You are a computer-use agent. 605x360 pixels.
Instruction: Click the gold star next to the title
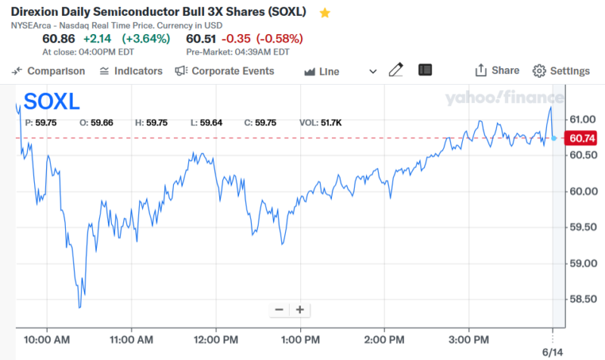[324, 13]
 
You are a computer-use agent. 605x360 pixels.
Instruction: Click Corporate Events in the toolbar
[225, 71]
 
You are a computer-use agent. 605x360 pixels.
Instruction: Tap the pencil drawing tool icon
[396, 70]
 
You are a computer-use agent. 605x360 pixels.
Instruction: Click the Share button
[497, 70]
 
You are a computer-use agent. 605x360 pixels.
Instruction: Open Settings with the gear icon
[561, 71]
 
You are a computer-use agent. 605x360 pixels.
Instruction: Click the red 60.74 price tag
[582, 138]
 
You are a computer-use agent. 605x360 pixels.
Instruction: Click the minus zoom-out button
[279, 309]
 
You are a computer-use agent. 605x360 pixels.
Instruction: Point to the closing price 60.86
[58, 39]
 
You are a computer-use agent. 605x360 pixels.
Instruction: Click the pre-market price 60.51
[202, 39]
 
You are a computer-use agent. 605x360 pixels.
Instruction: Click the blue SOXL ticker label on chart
[52, 102]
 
